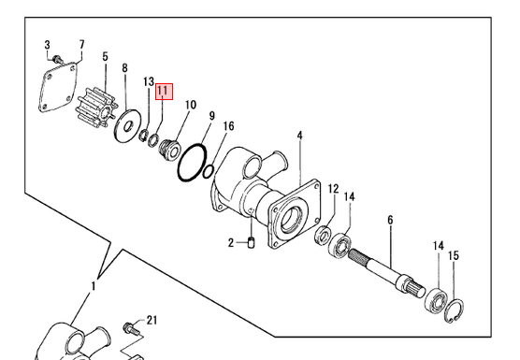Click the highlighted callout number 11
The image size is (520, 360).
click(165, 91)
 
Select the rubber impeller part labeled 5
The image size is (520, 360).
click(98, 108)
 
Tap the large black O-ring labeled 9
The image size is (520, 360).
click(192, 163)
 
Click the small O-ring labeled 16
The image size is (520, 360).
click(208, 171)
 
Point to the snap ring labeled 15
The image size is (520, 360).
click(454, 310)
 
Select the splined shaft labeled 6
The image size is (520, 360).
click(386, 269)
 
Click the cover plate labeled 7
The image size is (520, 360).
click(58, 86)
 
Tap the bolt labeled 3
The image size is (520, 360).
click(58, 60)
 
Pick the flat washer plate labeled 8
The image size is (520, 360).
click(127, 125)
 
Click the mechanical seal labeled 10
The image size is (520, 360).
click(169, 150)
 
